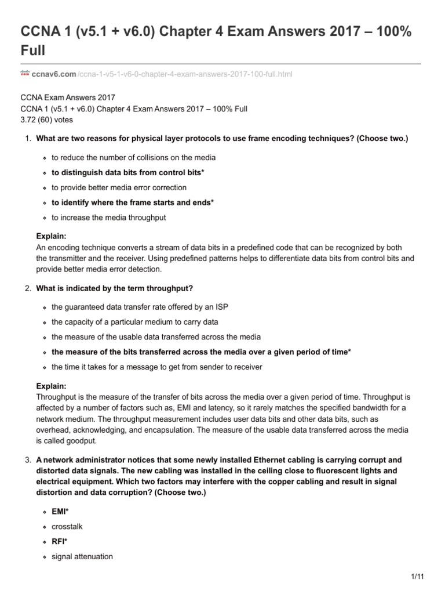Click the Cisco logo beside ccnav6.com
coord(25,74)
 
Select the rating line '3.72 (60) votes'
coord(46,120)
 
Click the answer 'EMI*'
coord(60,511)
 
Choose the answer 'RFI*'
coord(59,541)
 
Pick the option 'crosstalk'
coord(67,526)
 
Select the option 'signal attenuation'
coord(82,556)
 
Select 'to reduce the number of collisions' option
coord(134,157)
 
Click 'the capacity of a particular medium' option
coord(134,322)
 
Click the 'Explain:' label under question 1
coord(51,237)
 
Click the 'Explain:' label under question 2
coord(51,386)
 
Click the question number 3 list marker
coord(27,460)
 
